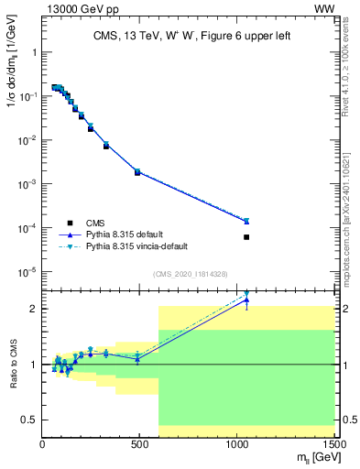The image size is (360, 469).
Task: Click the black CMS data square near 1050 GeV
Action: pyautogui.click(x=246, y=237)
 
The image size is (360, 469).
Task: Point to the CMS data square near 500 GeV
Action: pyautogui.click(x=137, y=172)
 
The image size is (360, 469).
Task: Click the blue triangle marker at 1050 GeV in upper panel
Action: pyautogui.click(x=246, y=221)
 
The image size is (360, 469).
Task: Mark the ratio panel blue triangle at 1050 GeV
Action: pyautogui.click(x=246, y=300)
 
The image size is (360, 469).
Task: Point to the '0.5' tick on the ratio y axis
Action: pyautogui.click(x=28, y=420)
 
